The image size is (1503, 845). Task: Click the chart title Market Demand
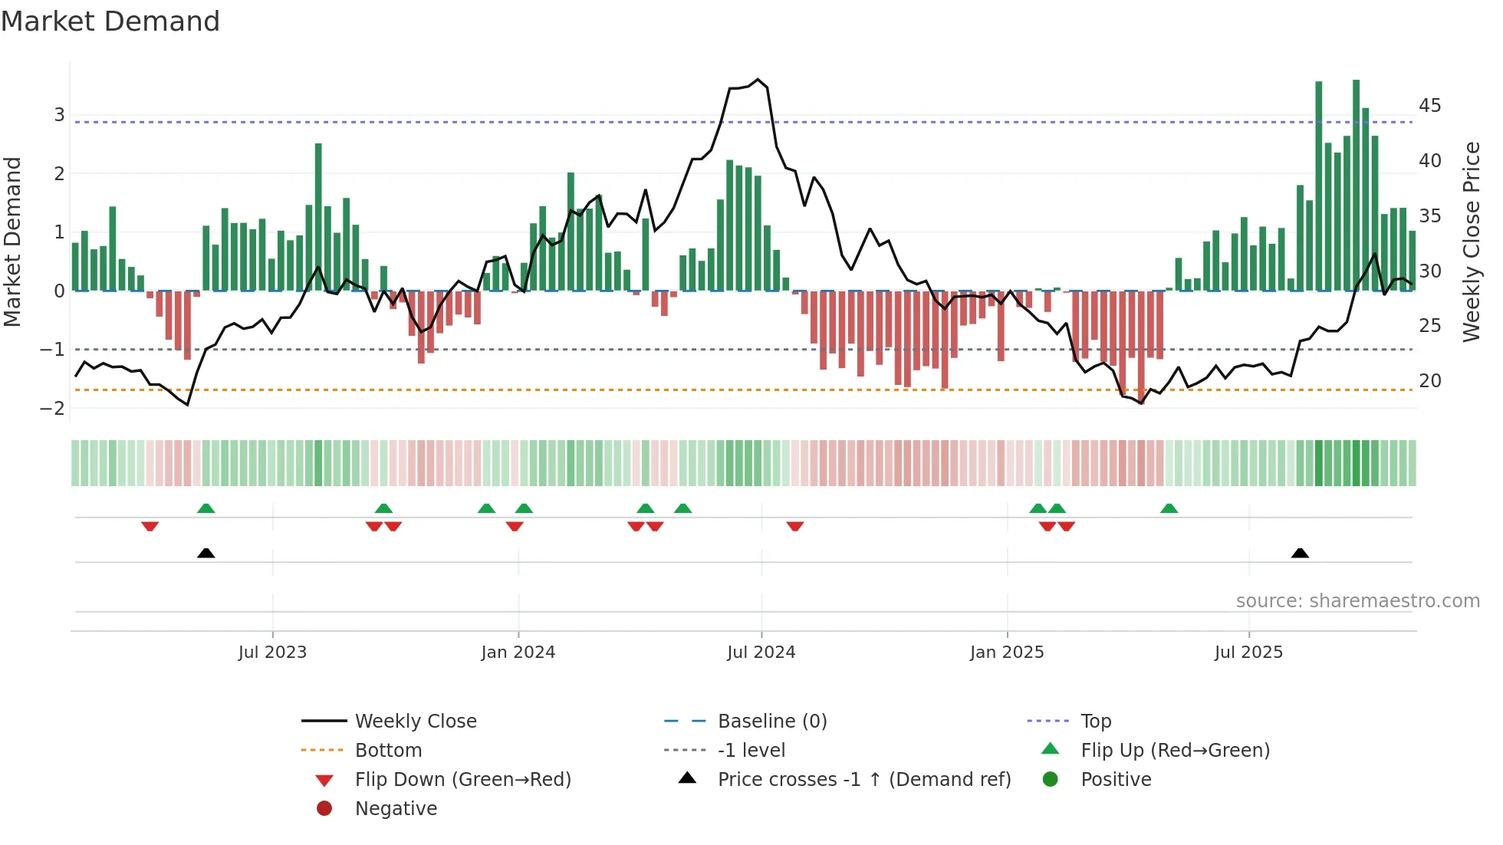click(110, 21)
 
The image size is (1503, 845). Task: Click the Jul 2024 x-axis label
click(761, 653)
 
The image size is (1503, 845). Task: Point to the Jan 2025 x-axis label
click(1006, 653)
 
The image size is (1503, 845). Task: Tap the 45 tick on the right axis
click(1429, 106)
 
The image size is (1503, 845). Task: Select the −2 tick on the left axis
click(53, 409)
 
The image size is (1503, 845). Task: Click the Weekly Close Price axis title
click(1471, 242)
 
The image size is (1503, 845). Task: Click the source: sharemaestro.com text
click(1357, 601)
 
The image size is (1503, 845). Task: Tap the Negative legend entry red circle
click(324, 809)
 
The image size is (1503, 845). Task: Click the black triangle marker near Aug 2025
click(1300, 554)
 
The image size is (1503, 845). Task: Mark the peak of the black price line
click(758, 80)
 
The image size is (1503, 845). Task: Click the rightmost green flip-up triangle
click(1169, 508)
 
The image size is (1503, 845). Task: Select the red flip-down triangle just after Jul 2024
click(795, 526)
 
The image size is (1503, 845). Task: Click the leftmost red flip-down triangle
click(150, 526)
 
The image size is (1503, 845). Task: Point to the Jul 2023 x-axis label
click(272, 653)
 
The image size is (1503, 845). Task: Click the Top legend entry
click(1095, 722)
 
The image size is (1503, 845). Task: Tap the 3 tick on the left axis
click(59, 115)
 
